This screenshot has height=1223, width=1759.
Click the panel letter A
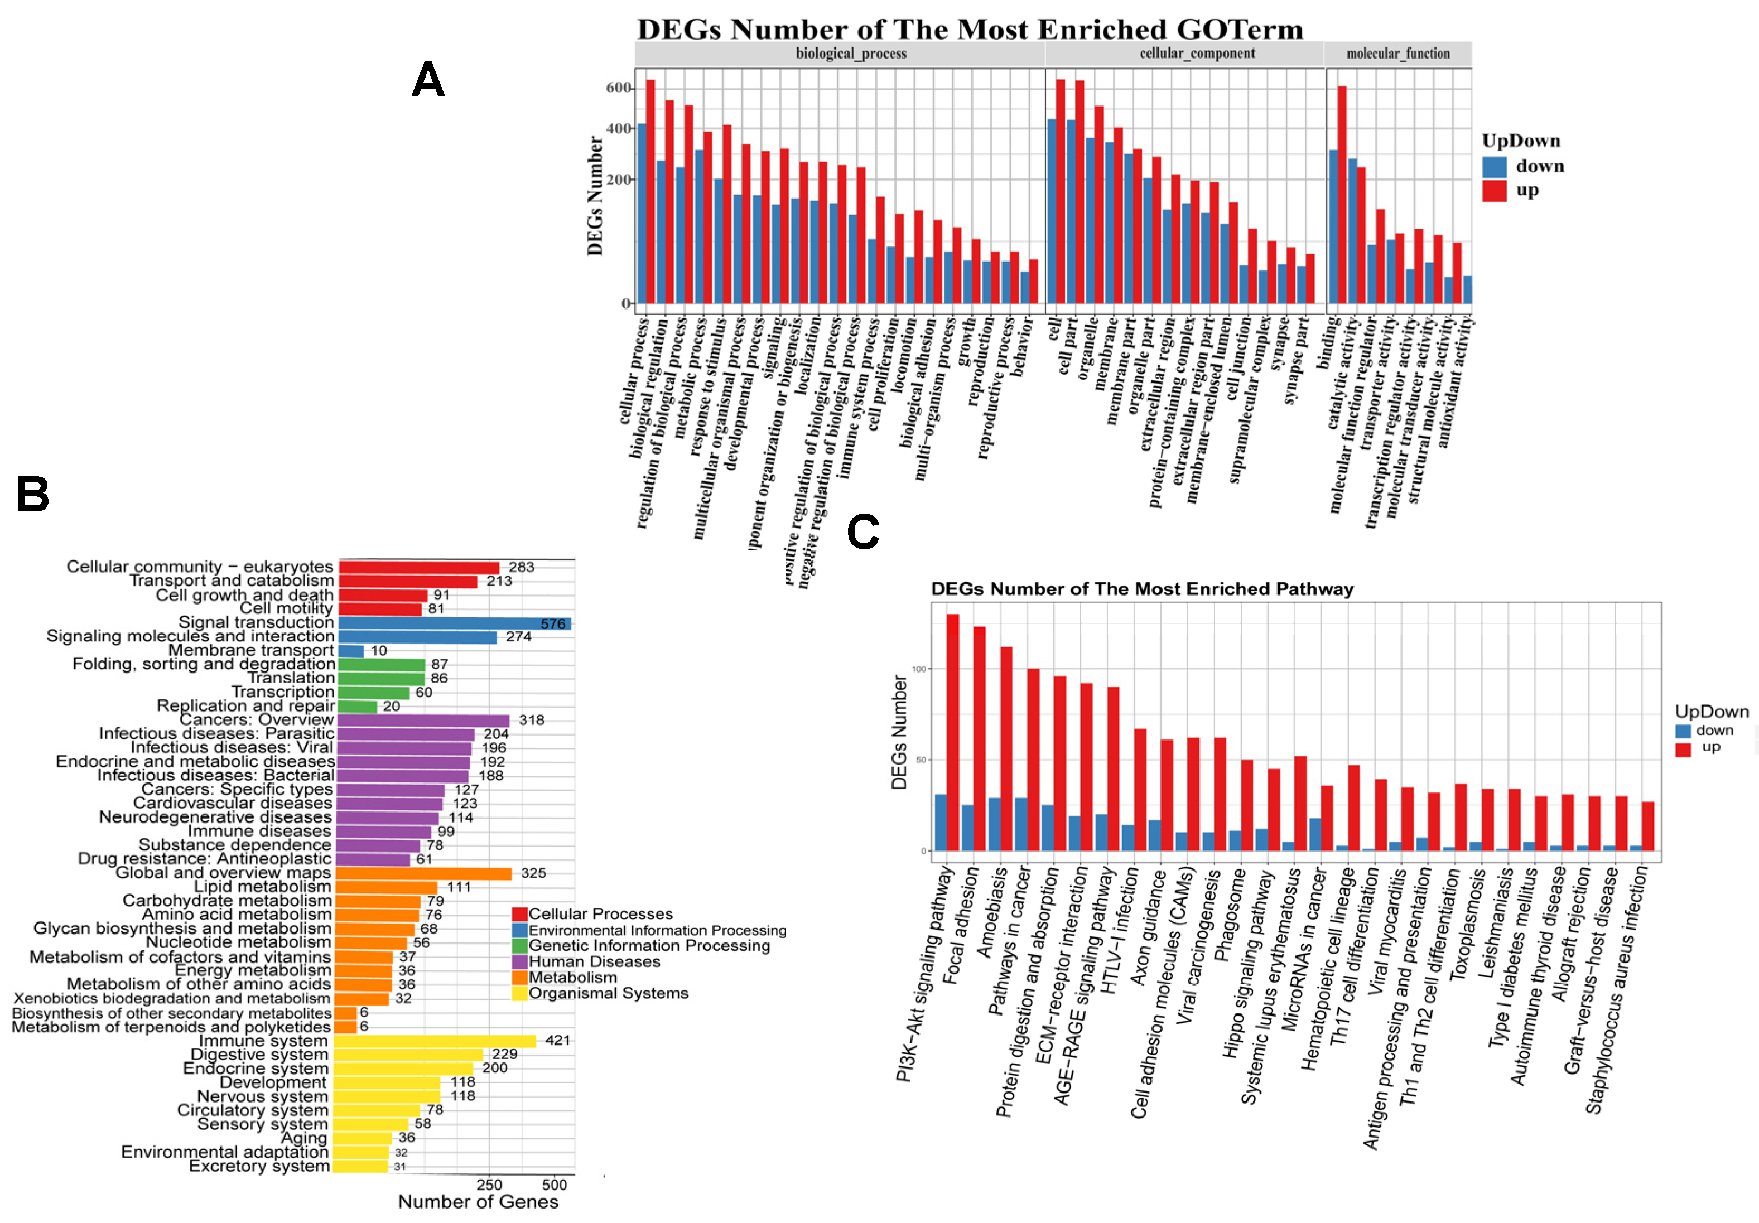(x=427, y=80)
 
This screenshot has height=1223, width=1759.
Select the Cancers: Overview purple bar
(x=423, y=720)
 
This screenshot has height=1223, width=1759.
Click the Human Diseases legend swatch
(x=519, y=961)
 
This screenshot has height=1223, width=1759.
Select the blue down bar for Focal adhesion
(x=967, y=828)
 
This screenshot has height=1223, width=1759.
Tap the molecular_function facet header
(x=1398, y=54)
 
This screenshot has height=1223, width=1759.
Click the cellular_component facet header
(x=1197, y=54)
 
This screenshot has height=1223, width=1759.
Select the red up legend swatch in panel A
(x=1494, y=191)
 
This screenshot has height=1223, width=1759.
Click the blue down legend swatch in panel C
(x=1683, y=731)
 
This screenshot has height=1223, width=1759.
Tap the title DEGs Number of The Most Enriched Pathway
(x=1141, y=589)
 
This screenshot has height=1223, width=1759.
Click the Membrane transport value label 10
(x=378, y=651)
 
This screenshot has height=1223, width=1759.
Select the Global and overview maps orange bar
(x=423, y=873)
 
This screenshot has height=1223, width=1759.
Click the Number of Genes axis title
(x=478, y=1202)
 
